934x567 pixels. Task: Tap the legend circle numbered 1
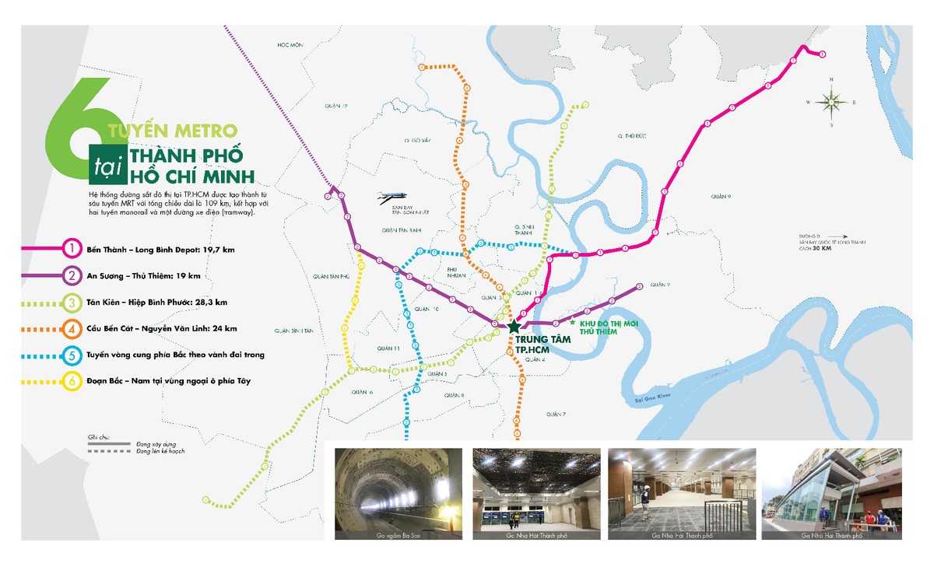pyautogui.click(x=72, y=249)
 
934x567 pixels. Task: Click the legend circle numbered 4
pyautogui.click(x=72, y=328)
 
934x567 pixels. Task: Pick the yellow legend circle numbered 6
pyautogui.click(x=72, y=381)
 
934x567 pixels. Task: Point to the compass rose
pyautogui.click(x=831, y=102)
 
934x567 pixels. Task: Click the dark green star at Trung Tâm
pyautogui.click(x=513, y=327)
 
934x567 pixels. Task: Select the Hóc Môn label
pyautogui.click(x=289, y=45)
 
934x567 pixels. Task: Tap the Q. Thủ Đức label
pyautogui.click(x=629, y=135)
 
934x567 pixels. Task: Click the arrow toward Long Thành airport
pyautogui.click(x=837, y=235)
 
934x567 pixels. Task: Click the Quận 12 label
pyautogui.click(x=335, y=106)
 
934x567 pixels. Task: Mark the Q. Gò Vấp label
pyautogui.click(x=417, y=141)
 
